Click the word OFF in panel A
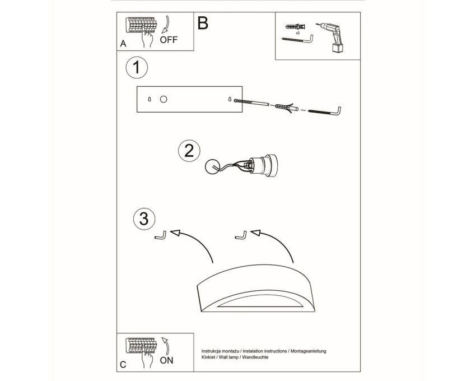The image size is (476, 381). pos(169,39)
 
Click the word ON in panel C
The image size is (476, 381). pos(166,360)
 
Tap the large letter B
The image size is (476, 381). pos(203,23)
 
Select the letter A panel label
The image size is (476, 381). pos(123,44)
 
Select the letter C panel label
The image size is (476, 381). pos(123,365)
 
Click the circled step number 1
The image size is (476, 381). pos(137,67)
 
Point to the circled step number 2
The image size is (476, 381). pos(189,151)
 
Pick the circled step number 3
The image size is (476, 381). pos(144,219)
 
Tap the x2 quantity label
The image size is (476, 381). pos(297,32)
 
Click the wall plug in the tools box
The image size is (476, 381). pos(296,27)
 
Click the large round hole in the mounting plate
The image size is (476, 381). pos(164,99)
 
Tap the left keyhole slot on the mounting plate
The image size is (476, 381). pos(149,99)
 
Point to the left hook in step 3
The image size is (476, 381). pos(161,235)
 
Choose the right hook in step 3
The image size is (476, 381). pos(241,235)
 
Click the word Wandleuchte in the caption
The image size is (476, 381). pos(255,357)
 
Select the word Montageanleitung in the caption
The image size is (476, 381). pos(309,351)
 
